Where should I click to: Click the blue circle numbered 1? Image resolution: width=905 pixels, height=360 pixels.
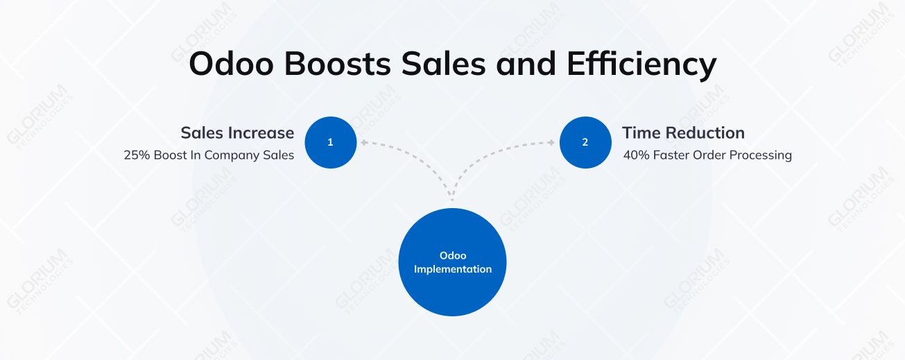pos(330,142)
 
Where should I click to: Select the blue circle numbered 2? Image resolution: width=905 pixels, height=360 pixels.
pos(585,142)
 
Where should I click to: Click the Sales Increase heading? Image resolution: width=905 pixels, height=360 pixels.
pos(237,132)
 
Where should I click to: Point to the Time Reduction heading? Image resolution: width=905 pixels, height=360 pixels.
pos(682,132)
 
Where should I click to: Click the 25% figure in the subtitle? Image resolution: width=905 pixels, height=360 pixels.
pos(137,155)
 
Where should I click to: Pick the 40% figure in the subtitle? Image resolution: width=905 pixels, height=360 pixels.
pos(636,155)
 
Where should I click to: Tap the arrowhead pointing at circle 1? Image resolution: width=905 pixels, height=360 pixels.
pos(363,143)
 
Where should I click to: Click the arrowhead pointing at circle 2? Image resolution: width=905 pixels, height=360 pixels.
pos(551,143)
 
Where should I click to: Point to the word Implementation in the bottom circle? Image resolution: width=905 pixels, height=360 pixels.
pos(453,269)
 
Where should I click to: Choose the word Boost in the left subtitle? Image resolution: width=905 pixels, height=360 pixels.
pos(170,155)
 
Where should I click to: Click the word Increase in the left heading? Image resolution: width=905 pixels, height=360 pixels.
pos(259,132)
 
